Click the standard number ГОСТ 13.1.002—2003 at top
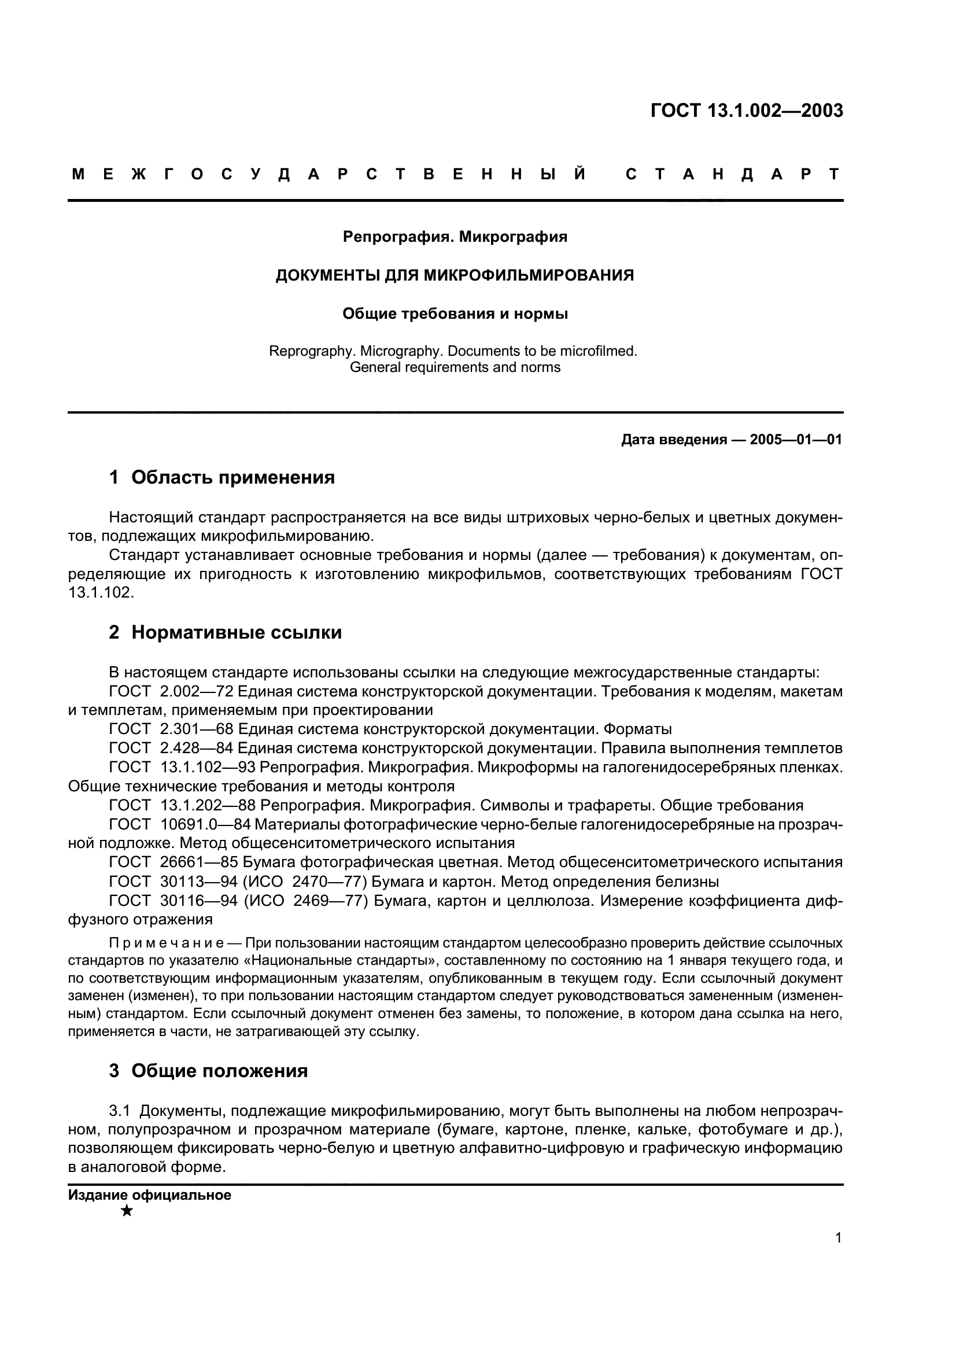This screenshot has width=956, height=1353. [x=746, y=111]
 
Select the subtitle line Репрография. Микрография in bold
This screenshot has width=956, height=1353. [x=455, y=237]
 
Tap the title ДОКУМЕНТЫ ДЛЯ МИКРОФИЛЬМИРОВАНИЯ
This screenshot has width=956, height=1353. [x=455, y=275]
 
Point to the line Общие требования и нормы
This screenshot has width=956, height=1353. [x=455, y=314]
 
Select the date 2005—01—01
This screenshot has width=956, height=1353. [x=796, y=440]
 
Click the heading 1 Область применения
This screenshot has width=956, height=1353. [x=222, y=477]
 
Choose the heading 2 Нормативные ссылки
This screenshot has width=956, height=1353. [x=225, y=632]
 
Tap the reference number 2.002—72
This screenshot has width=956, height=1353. [x=196, y=691]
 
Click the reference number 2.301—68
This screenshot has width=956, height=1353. [x=196, y=729]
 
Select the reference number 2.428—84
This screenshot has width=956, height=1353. [x=196, y=749]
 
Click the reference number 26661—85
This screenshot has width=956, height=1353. [x=198, y=862]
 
